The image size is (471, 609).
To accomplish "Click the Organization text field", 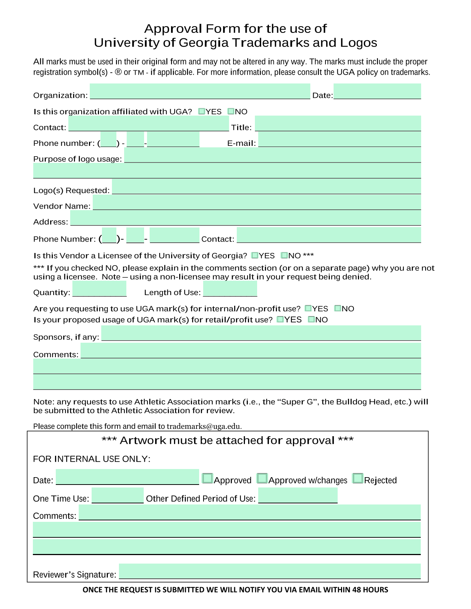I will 200,91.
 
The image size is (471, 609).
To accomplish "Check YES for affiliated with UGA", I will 202,111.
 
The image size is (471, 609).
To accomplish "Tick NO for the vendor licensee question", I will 284,255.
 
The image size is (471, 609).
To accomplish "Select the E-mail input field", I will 339,140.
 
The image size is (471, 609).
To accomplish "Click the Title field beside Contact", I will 338,123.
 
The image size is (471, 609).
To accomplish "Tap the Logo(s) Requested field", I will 266,187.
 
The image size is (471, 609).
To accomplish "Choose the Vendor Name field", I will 257,202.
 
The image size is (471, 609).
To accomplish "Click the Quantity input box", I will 99,289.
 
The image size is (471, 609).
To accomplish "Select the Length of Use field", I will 230,289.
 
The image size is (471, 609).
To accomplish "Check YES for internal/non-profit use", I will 308,308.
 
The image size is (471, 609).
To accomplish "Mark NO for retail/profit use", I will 312,319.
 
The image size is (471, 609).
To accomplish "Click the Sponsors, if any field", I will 261,333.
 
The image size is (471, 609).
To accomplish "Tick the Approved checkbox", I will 208,478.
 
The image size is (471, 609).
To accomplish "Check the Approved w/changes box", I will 262,478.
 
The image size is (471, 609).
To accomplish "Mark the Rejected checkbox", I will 358,478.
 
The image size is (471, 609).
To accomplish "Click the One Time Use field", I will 117,495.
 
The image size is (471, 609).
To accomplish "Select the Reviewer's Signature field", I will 270,571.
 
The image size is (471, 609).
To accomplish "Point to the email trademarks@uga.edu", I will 204,426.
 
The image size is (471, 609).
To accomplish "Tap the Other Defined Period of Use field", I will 298,495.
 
